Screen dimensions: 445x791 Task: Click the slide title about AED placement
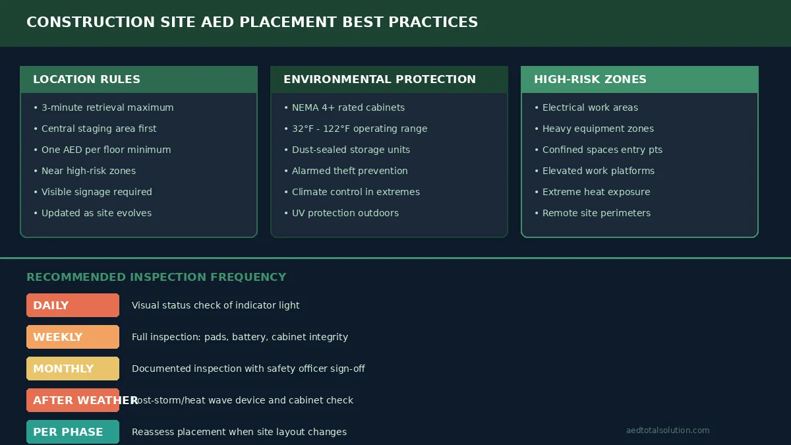pos(252,22)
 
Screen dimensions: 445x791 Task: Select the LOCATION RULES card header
pos(138,79)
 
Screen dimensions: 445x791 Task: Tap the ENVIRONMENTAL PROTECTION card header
pos(389,79)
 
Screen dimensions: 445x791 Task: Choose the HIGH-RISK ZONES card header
pos(639,79)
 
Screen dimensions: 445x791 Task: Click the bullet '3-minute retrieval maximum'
pos(107,107)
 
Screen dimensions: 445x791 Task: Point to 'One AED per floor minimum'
pos(106,150)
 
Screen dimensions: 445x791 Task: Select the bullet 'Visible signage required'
pos(96,192)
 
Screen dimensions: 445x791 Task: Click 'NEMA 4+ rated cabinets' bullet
pos(348,107)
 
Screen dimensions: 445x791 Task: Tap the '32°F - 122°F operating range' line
pos(359,129)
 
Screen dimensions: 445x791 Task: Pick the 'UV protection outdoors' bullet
pos(345,213)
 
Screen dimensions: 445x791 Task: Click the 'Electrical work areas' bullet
pos(590,107)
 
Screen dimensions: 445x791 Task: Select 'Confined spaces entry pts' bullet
pos(602,150)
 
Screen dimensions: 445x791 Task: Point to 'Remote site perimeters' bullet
pos(596,213)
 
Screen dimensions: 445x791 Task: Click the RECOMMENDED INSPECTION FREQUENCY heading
pos(156,277)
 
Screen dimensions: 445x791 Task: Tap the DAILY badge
pos(73,305)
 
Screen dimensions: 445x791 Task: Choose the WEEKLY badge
pos(73,337)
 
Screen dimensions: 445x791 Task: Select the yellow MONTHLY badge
pos(73,369)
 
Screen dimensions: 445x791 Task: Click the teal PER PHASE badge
pos(73,432)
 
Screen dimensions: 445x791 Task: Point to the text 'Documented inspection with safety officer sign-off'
pos(248,369)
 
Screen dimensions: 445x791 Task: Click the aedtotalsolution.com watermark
pos(668,430)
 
